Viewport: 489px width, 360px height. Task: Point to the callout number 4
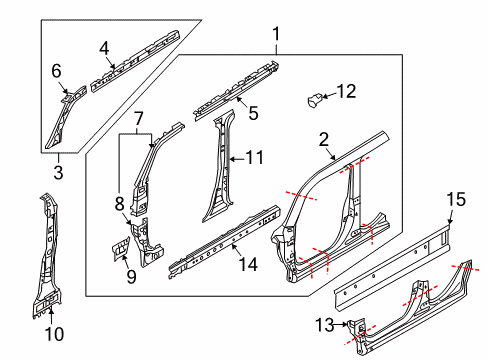[104, 46]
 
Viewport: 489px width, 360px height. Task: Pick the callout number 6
[56, 70]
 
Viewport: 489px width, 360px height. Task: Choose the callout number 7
[137, 119]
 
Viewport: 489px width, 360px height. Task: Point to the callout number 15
[455, 202]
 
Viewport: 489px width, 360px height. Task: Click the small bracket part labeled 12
[314, 99]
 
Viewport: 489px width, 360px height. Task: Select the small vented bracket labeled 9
[118, 244]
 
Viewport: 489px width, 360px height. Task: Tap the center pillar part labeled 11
[217, 170]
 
